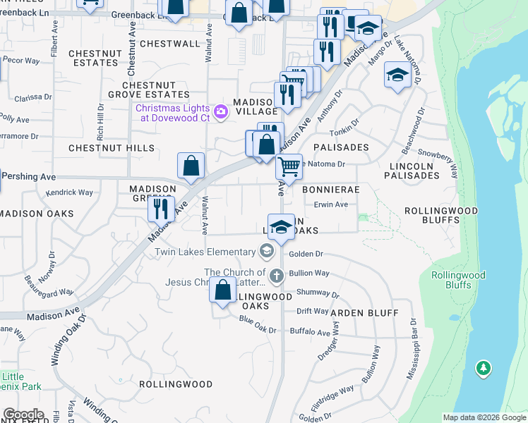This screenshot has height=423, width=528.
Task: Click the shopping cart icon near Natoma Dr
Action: click(289, 168)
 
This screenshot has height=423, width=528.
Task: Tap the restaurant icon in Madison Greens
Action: click(162, 209)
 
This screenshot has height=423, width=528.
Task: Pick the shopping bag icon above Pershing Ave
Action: click(191, 166)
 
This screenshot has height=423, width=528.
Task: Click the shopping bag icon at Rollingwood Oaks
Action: click(223, 290)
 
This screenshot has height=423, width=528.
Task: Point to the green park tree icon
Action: click(483, 368)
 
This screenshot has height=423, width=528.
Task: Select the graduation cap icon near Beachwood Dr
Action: click(398, 75)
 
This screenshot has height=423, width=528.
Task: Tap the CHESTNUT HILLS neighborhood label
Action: click(112, 148)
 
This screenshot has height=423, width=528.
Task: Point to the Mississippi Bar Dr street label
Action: click(411, 349)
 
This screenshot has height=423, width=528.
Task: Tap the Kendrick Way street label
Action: click(69, 192)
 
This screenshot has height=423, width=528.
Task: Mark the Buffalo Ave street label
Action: click(313, 333)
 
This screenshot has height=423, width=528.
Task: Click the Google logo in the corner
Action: click(23, 415)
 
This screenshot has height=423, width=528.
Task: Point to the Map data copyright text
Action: click(484, 417)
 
